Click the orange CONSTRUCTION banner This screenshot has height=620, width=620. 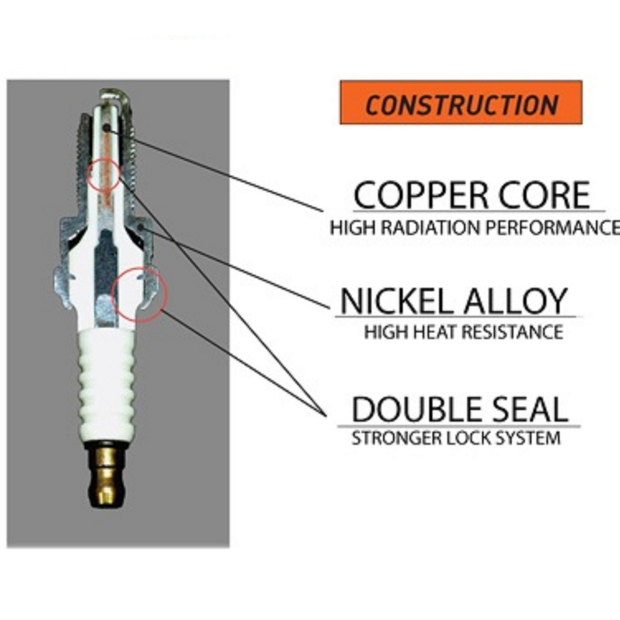[461, 103]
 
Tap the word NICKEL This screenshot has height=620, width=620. [389, 301]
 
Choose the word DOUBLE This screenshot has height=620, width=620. [411, 409]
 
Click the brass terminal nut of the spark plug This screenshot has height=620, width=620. [107, 476]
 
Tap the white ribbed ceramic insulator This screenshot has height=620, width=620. [107, 387]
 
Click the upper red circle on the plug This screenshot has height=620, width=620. [104, 175]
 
